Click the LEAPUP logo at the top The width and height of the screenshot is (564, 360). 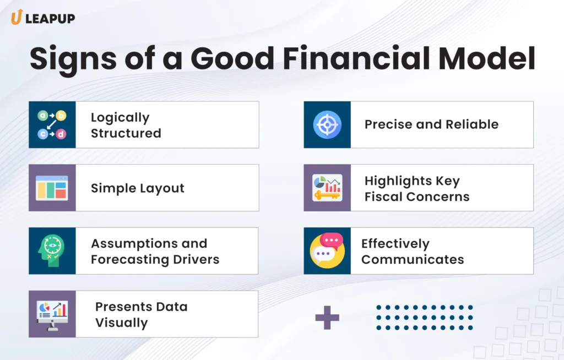[42, 18]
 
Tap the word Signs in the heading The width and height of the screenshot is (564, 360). [75, 59]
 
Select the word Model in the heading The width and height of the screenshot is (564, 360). [485, 59]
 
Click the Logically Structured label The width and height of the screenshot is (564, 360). [126, 125]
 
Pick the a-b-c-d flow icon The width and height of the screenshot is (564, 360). [52, 124]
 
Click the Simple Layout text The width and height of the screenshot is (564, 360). [137, 188]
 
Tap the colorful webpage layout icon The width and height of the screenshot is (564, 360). [52, 188]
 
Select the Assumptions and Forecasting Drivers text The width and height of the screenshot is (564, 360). [155, 251]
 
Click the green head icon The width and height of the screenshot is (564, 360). [52, 251]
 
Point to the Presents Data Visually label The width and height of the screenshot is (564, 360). [141, 314]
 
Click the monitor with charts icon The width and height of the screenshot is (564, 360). [52, 314]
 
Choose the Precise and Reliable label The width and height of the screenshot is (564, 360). [431, 124]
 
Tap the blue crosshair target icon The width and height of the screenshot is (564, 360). [327, 124]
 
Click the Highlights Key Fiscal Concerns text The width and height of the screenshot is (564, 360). [417, 188]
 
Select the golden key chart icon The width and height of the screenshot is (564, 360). [327, 188]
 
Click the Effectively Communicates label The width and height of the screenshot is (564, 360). [413, 251]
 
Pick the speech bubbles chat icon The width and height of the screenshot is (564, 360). [327, 250]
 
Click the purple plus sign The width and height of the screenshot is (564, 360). [327, 318]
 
